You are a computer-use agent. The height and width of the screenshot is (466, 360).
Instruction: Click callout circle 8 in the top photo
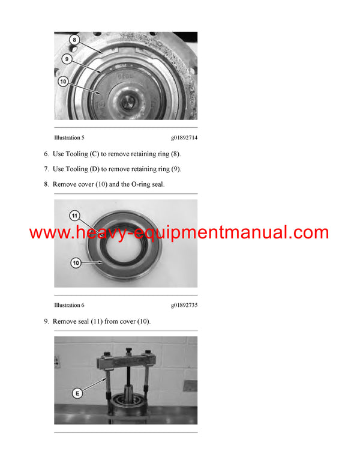click(x=74, y=40)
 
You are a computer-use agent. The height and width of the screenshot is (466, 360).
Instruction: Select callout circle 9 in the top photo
click(x=67, y=59)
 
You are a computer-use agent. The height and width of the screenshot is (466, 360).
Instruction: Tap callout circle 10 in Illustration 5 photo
click(x=63, y=80)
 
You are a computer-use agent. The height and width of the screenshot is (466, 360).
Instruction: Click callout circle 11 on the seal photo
click(x=74, y=215)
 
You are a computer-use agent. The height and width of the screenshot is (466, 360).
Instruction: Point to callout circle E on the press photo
click(x=77, y=393)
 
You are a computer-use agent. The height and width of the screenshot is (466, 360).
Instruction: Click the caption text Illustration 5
click(x=69, y=138)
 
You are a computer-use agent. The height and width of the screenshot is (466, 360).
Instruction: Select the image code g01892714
click(x=184, y=138)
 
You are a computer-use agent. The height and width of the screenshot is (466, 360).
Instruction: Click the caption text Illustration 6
click(x=69, y=305)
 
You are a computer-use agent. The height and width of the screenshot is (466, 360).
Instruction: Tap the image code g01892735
click(x=184, y=305)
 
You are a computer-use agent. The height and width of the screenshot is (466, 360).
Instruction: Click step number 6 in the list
click(x=46, y=154)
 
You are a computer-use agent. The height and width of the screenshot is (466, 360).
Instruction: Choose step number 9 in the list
click(x=46, y=321)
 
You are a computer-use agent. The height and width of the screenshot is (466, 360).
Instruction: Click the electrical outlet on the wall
click(x=56, y=362)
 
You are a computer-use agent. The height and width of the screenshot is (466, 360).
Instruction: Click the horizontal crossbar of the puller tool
click(x=127, y=362)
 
